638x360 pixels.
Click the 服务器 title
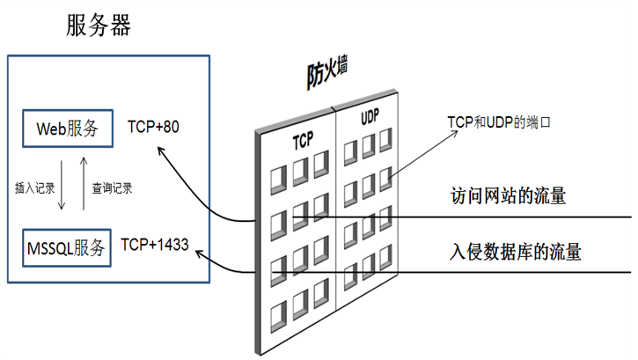tap(99, 26)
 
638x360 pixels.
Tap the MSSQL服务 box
tap(67, 247)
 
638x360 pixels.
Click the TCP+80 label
tap(153, 127)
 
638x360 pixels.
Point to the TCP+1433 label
tap(155, 243)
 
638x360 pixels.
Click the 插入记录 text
tap(34, 187)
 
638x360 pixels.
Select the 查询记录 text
tap(112, 187)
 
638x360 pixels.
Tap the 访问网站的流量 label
tap(507, 195)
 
